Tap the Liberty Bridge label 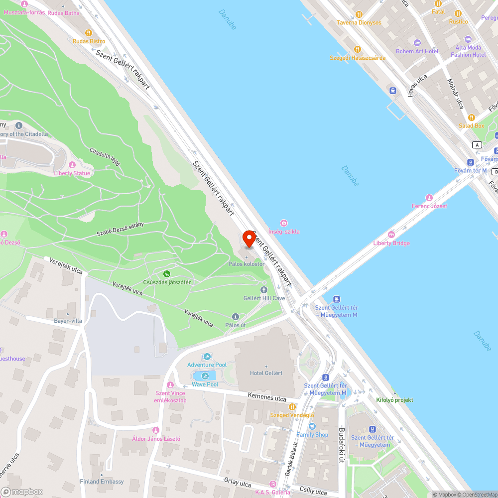[x=391, y=243]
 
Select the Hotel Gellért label [x=266, y=373]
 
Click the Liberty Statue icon [x=72, y=165]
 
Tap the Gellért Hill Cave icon [x=264, y=289]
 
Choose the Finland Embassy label [x=102, y=482]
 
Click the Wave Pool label [x=205, y=384]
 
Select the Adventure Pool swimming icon [x=207, y=357]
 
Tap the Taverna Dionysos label [x=359, y=22]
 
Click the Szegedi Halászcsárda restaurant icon [x=358, y=49]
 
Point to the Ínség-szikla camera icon [x=284, y=223]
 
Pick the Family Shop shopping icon [x=312, y=426]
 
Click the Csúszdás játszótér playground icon [x=167, y=274]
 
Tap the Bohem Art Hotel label [x=417, y=51]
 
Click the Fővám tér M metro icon [x=470, y=162]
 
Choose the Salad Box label [x=471, y=125]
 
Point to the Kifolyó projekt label [x=394, y=400]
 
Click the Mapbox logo [x=22, y=492]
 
